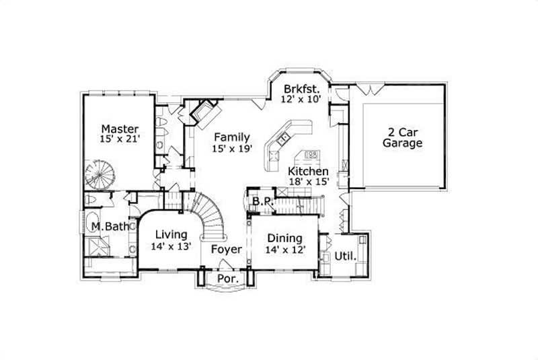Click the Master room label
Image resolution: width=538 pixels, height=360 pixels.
click(x=120, y=129)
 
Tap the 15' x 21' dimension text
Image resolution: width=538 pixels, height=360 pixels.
click(x=120, y=139)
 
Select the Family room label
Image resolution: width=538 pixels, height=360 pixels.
click(x=231, y=137)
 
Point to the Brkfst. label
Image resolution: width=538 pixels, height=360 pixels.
click(x=301, y=88)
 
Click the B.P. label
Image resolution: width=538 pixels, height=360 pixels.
click(x=262, y=201)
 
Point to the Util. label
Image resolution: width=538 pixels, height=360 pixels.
click(x=343, y=256)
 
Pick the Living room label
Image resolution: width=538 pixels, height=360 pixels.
click(x=171, y=234)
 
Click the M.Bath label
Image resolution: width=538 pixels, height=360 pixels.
click(x=110, y=227)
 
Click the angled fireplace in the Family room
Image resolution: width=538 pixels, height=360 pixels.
click(x=204, y=111)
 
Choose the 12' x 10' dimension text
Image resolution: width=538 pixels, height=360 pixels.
click(x=302, y=99)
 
